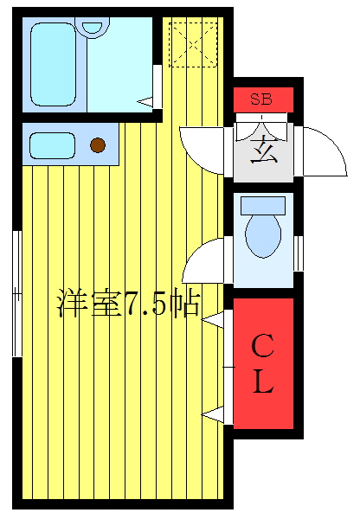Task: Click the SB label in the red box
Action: (261, 99)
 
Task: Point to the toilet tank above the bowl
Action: (262, 205)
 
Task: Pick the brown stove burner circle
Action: (99, 145)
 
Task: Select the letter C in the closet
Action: (262, 348)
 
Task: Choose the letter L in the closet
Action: (262, 383)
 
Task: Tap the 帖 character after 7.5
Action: (185, 304)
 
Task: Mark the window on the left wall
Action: (16, 294)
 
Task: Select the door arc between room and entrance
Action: (201, 147)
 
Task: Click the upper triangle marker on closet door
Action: (212, 321)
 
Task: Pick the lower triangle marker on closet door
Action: (212, 415)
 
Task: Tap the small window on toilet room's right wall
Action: (299, 252)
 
